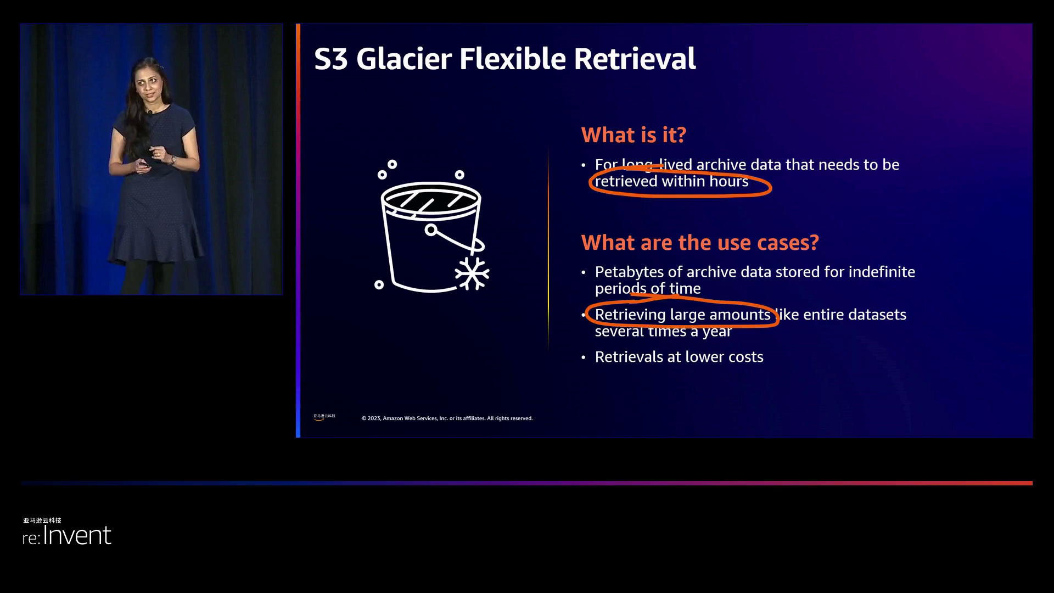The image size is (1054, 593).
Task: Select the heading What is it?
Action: click(633, 135)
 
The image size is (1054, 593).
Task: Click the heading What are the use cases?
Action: click(700, 243)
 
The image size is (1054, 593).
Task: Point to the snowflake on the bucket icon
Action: click(472, 273)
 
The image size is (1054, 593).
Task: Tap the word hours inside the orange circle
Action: click(728, 182)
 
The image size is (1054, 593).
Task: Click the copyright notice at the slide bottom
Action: click(447, 418)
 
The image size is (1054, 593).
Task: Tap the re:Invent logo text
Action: click(67, 535)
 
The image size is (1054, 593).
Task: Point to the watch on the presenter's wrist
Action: click(173, 160)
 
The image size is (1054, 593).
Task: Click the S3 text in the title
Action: click(331, 59)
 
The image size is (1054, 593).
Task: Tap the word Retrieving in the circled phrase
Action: click(630, 315)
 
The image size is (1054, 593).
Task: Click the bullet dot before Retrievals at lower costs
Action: click(584, 357)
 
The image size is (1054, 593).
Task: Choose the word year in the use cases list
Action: click(717, 332)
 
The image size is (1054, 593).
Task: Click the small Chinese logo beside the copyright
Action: click(324, 417)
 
